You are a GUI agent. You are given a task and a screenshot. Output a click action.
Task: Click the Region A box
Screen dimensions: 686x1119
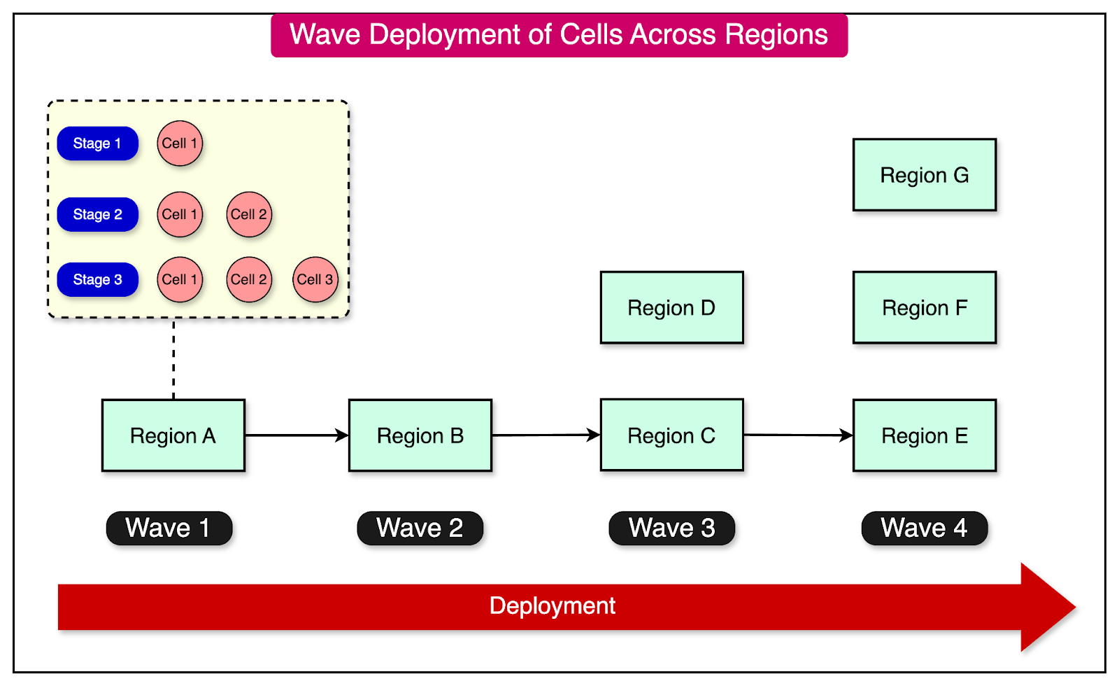click(173, 435)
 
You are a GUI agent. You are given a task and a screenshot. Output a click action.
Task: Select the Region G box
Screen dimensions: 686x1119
click(924, 175)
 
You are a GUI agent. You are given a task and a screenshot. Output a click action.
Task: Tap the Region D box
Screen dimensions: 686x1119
click(671, 307)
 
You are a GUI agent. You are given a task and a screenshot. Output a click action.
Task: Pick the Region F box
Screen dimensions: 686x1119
click(924, 307)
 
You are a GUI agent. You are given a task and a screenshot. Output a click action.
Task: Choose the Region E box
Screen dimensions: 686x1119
click(924, 435)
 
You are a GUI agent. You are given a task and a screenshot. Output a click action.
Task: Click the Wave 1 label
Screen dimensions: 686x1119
click(169, 528)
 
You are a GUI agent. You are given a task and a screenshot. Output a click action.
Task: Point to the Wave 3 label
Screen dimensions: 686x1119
click(671, 528)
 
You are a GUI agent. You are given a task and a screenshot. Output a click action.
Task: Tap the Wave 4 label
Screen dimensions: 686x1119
click(924, 528)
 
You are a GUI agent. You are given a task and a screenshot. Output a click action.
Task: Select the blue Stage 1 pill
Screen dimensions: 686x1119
click(97, 143)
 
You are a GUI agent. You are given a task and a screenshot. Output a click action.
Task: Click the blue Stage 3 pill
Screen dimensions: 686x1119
click(97, 279)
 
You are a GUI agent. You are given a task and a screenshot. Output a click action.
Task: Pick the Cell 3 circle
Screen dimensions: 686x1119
click(315, 279)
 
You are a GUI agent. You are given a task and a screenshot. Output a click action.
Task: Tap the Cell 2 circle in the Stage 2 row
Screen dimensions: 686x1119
click(248, 214)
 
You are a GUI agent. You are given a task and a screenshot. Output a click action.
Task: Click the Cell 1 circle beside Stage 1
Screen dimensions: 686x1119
click(180, 143)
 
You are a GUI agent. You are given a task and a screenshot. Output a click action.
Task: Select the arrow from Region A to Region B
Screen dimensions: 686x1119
click(297, 435)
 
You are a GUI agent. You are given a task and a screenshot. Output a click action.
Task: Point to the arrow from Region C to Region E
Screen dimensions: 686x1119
click(797, 435)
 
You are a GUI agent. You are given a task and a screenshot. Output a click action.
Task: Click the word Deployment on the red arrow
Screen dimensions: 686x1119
click(552, 605)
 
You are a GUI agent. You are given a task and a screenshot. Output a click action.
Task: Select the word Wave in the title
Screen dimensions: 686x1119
click(326, 34)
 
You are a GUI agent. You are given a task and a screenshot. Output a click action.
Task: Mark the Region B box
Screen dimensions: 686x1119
click(420, 435)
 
